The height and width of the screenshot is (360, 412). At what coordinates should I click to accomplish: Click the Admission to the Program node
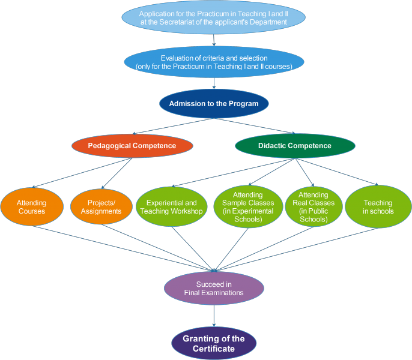click(214, 104)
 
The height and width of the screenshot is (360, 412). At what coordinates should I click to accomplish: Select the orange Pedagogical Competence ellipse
click(132, 146)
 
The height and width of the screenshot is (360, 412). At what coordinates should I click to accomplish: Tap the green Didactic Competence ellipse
click(294, 146)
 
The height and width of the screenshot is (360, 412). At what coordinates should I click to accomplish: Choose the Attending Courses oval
click(31, 207)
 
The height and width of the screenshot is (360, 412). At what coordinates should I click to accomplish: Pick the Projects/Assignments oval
click(101, 207)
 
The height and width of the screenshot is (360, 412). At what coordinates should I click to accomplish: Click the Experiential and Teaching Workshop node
click(172, 207)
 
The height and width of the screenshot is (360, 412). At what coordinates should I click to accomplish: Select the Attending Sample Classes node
click(247, 207)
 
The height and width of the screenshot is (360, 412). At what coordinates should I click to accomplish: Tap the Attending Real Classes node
click(314, 207)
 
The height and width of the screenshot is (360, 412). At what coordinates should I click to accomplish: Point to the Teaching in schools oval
click(378, 207)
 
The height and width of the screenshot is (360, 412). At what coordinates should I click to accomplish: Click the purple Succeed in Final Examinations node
click(214, 289)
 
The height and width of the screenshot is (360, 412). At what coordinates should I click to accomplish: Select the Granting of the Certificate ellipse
click(214, 344)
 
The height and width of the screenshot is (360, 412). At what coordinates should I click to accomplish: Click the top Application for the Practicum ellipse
click(214, 18)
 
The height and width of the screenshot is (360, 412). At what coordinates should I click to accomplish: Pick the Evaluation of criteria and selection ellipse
click(214, 62)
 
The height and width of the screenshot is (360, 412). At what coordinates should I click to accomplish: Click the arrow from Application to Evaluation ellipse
click(214, 40)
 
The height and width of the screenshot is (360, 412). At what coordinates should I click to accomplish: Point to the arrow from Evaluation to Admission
click(214, 85)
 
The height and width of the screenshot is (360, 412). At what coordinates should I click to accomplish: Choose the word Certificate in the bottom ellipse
click(214, 349)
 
